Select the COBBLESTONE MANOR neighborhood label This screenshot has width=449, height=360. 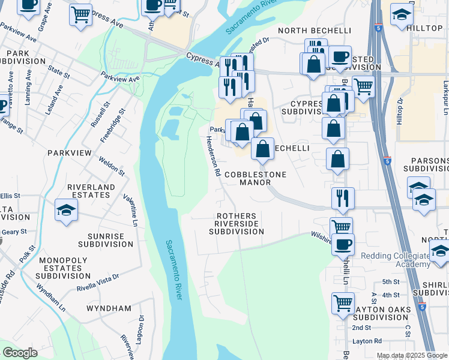pos(255,178)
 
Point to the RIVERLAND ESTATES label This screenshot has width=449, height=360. pos(91,191)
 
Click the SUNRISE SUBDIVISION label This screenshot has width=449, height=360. pos(105,240)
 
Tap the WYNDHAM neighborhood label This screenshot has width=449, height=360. pos(109,308)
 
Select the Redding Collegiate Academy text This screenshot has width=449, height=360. pos(396,260)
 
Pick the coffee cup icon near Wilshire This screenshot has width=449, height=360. pos(343,244)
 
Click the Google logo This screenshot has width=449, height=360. pos(19,353)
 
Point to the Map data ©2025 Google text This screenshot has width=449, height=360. pos(411,355)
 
